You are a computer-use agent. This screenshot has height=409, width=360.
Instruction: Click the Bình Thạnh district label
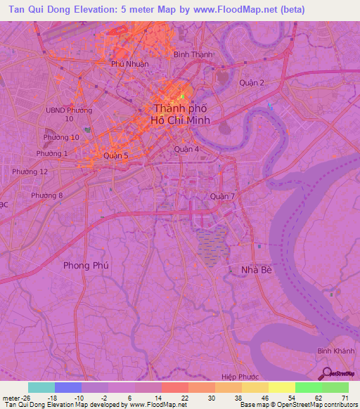(x=193, y=54)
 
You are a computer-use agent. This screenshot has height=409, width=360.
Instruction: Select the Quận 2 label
(x=251, y=83)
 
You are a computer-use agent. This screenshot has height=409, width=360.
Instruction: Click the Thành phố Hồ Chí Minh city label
(x=181, y=114)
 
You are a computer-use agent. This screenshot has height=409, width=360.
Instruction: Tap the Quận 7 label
(x=222, y=196)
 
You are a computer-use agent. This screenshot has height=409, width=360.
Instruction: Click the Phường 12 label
(x=30, y=171)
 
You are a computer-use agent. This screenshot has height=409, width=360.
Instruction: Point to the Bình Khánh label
(x=333, y=350)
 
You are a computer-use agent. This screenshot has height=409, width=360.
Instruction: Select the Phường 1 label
(x=51, y=153)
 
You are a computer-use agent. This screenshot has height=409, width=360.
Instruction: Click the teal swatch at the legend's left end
(x=41, y=387)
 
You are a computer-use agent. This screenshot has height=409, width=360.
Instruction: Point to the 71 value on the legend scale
(x=345, y=397)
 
